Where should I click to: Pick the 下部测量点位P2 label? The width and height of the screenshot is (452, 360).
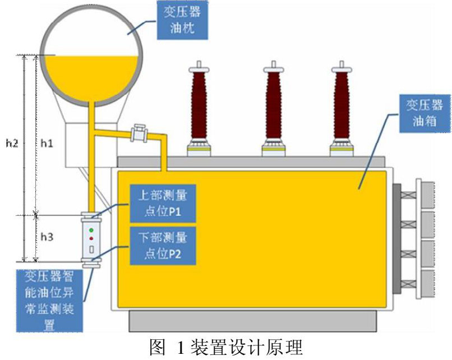point(162,246)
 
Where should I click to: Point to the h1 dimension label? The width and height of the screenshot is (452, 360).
point(47,144)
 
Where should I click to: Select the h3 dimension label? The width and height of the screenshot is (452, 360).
point(47,237)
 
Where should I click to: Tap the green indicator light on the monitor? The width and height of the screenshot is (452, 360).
point(91,230)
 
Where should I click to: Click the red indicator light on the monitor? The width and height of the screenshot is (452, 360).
point(91,238)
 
